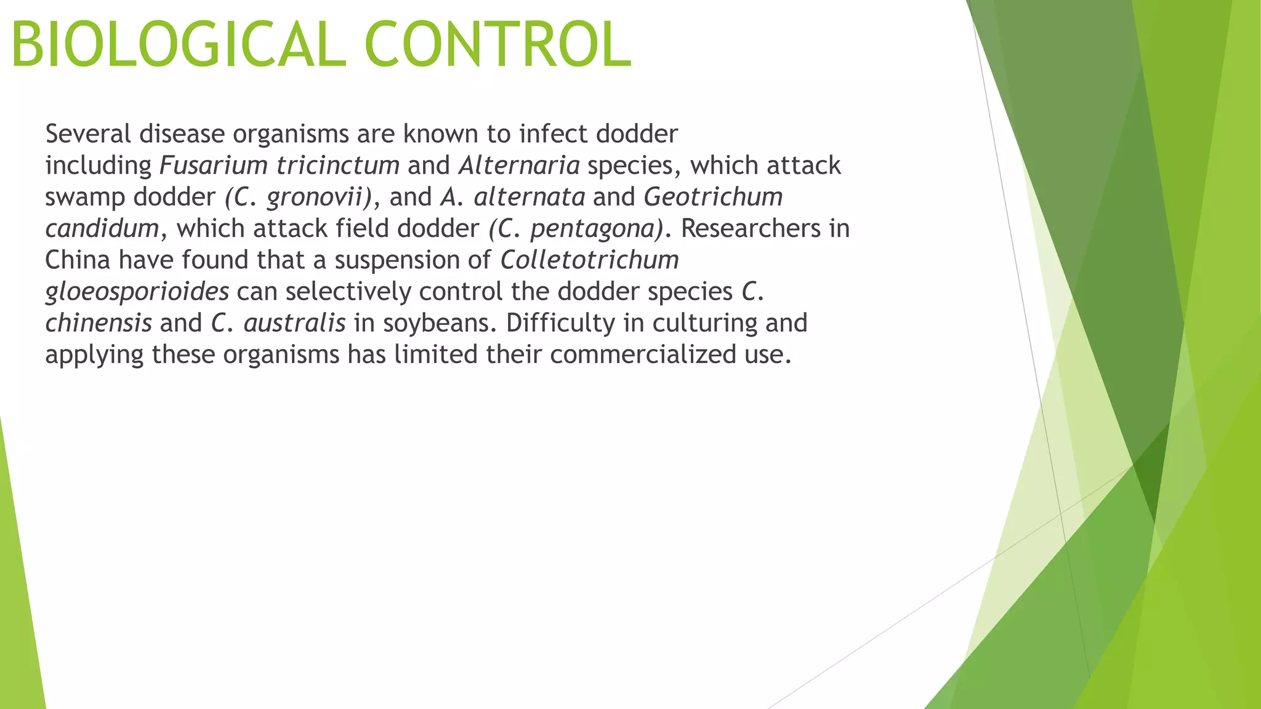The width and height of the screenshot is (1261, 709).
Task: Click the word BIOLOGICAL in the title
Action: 179,44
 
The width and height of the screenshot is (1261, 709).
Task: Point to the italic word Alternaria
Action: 519,166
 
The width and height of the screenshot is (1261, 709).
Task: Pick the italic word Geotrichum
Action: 713,197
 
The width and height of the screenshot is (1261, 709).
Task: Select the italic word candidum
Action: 102,229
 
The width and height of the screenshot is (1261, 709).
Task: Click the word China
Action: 78,260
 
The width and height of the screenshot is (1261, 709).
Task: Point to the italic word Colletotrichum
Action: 589,260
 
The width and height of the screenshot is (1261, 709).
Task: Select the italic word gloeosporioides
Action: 137,292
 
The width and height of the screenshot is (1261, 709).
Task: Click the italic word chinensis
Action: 99,323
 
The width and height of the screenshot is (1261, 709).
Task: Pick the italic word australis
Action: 294,323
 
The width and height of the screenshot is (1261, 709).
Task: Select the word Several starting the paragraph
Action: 88,134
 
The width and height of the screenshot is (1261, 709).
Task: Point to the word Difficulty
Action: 560,323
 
